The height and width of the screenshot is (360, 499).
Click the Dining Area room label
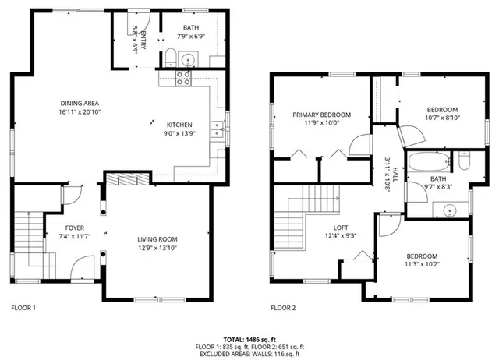coord(80,103)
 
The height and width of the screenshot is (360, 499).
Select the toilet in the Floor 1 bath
coord(171,55)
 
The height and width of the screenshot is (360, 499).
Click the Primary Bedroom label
coord(322,115)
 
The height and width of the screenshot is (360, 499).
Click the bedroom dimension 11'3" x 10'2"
coord(420,265)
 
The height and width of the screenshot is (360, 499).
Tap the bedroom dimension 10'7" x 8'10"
coord(442,118)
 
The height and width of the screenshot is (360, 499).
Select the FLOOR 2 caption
coord(283,308)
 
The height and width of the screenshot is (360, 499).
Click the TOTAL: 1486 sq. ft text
coord(249,339)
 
